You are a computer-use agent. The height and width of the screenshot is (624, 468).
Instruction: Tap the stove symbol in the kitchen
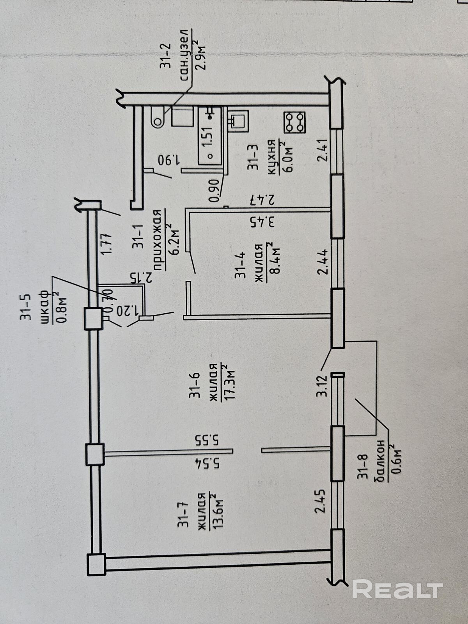pos(294,121)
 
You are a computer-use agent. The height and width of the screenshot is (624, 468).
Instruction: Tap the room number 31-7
pos(183,516)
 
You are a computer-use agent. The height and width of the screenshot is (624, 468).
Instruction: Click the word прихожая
pos(157,239)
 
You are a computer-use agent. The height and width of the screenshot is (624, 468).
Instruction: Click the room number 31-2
pos(166,57)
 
